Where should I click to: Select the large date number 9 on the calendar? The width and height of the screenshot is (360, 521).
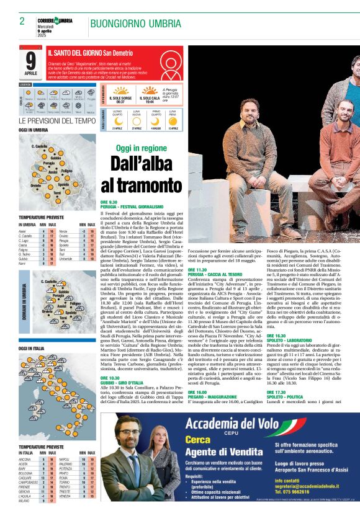click(31, 61)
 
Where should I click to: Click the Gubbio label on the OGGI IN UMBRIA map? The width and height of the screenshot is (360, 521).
click(55, 159)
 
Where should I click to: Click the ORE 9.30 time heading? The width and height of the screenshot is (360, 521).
click(109, 202)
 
